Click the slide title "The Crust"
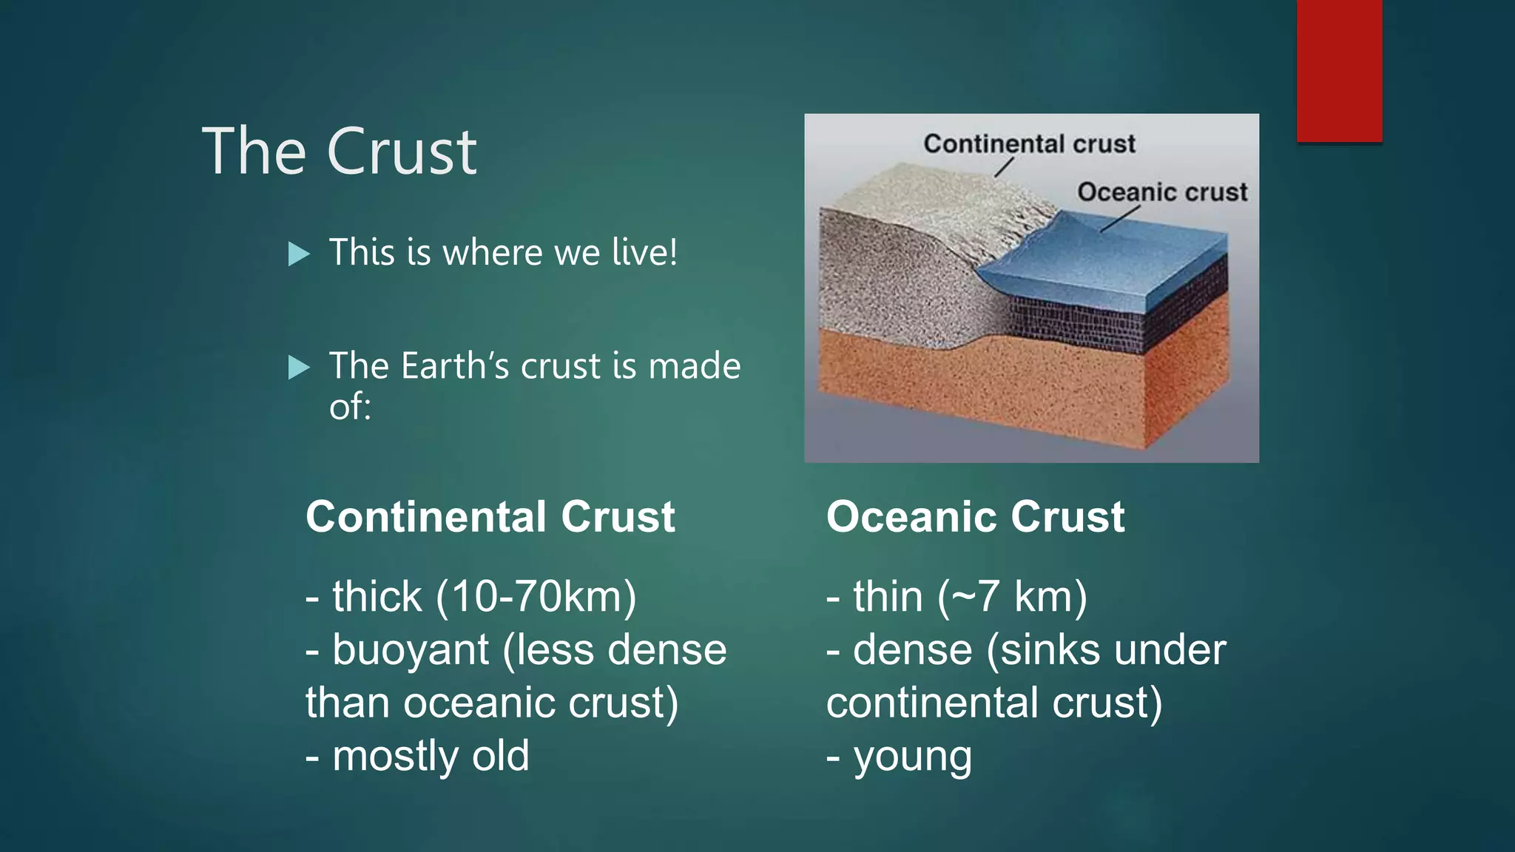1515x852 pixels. (340, 152)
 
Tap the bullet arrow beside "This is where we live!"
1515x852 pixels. (299, 254)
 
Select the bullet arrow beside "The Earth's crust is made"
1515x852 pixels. (299, 367)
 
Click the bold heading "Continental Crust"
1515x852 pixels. (490, 516)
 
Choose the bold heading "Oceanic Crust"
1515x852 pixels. (975, 516)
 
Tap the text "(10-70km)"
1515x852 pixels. (536, 597)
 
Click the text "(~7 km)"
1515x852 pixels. (1013, 597)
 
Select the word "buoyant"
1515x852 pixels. (411, 651)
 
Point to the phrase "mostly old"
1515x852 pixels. (431, 756)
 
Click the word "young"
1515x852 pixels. (913, 757)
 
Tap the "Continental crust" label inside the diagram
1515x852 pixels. (1029, 143)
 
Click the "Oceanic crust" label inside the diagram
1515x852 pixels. (1161, 192)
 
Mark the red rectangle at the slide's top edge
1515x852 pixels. (1339, 70)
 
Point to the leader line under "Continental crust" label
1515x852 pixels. (1003, 167)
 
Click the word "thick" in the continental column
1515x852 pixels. (377, 597)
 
